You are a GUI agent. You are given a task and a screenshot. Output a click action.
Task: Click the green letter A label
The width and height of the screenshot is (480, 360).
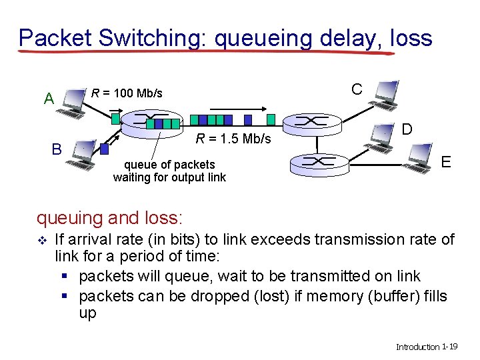pos(49,99)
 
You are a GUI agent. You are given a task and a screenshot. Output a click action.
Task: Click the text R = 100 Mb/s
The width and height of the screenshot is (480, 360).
pos(127,93)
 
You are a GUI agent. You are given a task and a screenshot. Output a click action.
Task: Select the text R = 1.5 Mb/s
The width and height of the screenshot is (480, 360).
pos(233,139)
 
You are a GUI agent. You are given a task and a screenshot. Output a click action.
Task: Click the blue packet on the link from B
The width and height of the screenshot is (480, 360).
pos(104,149)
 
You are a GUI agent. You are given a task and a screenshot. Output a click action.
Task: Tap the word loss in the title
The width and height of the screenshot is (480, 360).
pos(411,37)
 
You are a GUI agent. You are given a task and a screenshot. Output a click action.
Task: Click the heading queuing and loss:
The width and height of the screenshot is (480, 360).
pos(110,217)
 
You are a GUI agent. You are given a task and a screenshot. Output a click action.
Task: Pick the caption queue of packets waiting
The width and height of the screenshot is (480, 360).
pos(169,171)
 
